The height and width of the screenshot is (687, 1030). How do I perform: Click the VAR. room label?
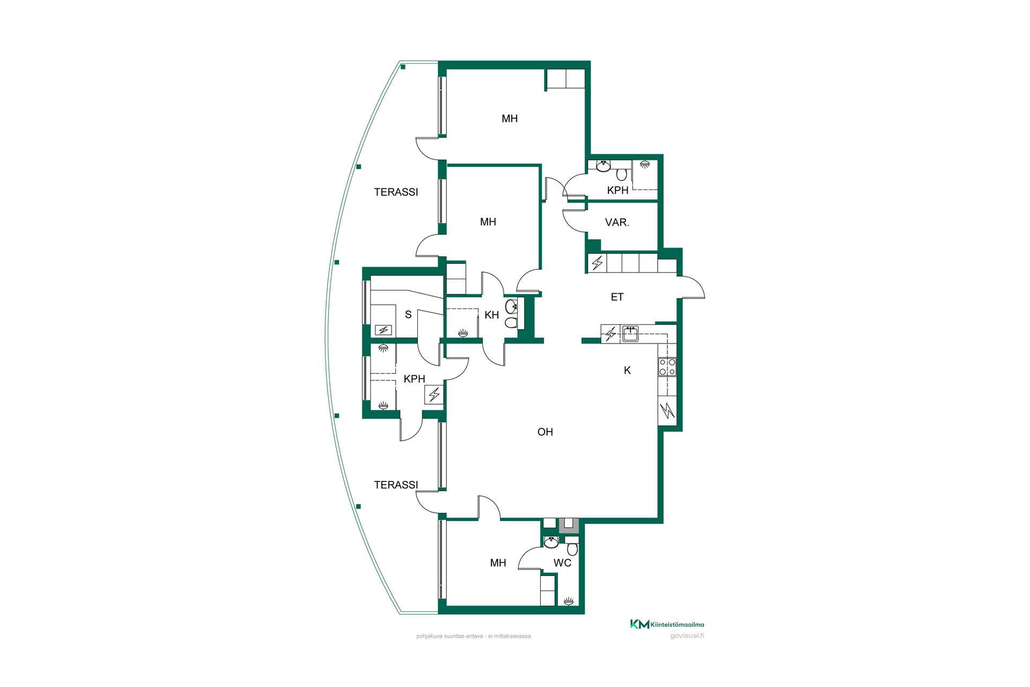(x=617, y=222)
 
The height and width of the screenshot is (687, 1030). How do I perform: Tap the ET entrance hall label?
(x=617, y=297)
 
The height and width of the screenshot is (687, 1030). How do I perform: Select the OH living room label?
(x=545, y=432)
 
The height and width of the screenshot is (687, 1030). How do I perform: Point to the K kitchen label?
(x=627, y=370)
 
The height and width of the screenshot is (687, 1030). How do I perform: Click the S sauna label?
(x=408, y=315)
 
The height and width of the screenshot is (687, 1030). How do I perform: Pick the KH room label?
(x=492, y=315)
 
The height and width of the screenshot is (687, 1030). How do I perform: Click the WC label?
(x=562, y=562)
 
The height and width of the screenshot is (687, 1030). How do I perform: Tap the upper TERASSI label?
(x=396, y=192)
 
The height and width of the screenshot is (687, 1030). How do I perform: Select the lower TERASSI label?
(x=396, y=485)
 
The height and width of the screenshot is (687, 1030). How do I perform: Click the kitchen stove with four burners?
(x=667, y=367)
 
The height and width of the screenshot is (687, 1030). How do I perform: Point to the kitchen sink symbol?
(x=630, y=334)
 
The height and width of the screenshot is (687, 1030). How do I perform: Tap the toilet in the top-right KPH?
(x=622, y=174)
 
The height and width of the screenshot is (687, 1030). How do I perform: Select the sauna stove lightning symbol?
(x=383, y=330)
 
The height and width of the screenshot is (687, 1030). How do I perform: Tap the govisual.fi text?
(x=687, y=636)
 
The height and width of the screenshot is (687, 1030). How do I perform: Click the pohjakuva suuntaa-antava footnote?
(x=474, y=636)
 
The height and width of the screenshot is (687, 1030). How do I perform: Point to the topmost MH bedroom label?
(x=510, y=119)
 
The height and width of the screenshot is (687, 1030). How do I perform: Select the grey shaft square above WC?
(x=569, y=524)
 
